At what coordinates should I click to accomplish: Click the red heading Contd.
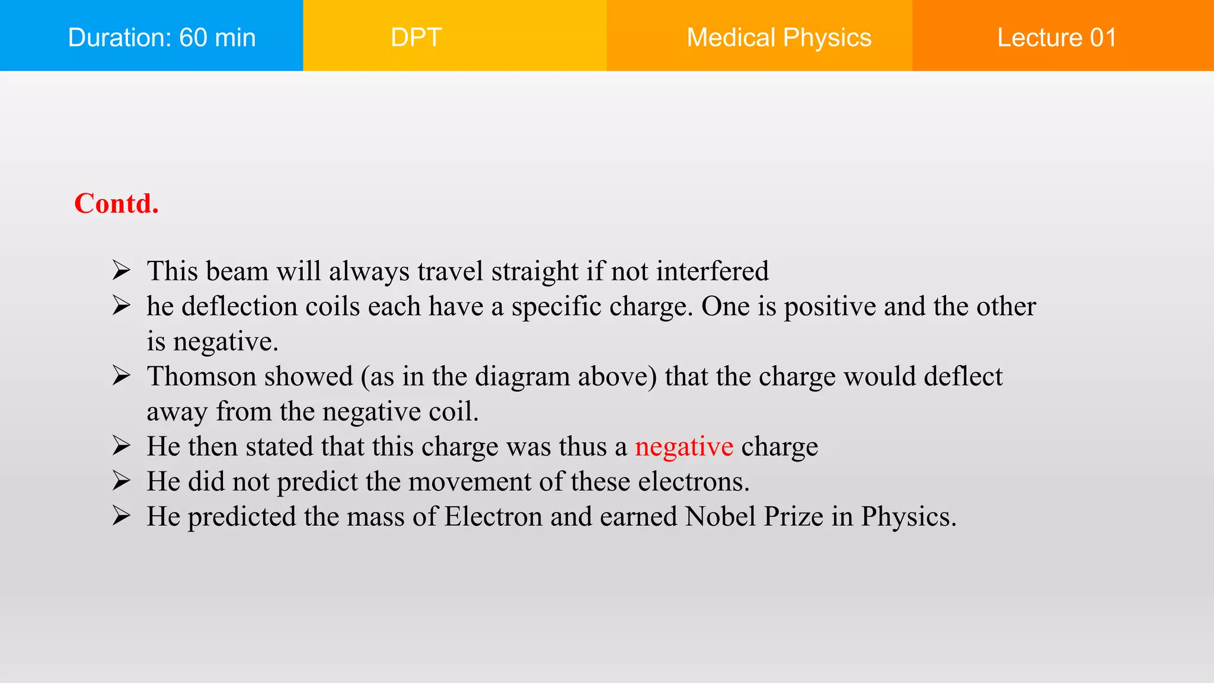coord(116,203)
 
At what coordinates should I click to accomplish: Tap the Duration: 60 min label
coord(162,37)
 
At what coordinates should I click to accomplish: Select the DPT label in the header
coord(416,37)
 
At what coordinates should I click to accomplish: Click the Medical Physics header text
coord(778,37)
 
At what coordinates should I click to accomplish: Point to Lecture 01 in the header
coord(1056,37)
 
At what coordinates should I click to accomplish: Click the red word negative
coord(684,446)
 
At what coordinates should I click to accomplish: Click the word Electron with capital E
coord(493,516)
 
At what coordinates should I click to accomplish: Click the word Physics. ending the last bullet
coord(909,516)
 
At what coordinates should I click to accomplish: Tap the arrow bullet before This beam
coord(121,270)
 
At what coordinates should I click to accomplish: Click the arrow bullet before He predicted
coord(121,516)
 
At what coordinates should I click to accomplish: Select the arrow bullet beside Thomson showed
coord(121,375)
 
